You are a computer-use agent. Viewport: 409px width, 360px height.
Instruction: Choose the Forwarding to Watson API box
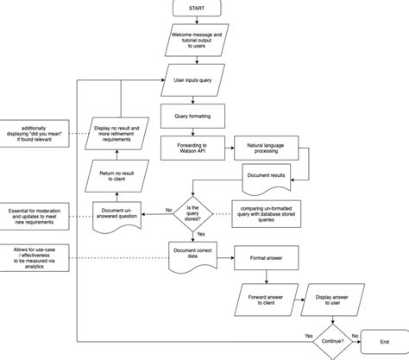coord(190,146)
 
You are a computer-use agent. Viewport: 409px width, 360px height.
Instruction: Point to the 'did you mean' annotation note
coord(34,135)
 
